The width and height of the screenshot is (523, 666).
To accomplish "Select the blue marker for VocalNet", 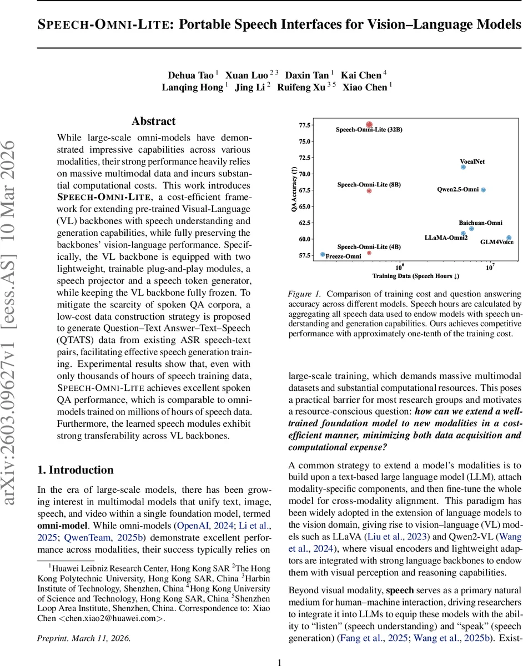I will pyautogui.click(x=463, y=167).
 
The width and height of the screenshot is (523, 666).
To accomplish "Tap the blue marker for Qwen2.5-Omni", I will pyautogui.click(x=483, y=190).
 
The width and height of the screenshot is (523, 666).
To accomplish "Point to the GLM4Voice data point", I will pyautogui.click(x=509, y=238).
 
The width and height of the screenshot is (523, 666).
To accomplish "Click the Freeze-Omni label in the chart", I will pyautogui.click(x=343, y=256).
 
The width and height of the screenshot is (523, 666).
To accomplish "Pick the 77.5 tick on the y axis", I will pyautogui.click(x=305, y=125).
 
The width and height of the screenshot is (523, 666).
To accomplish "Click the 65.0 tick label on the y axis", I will pyautogui.click(x=305, y=206).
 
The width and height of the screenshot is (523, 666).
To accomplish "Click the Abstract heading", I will pyautogui.click(x=154, y=121).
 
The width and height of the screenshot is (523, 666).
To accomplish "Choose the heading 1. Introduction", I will pyautogui.click(x=76, y=455).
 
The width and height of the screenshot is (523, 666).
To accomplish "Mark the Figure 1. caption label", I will pyautogui.click(x=305, y=294).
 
